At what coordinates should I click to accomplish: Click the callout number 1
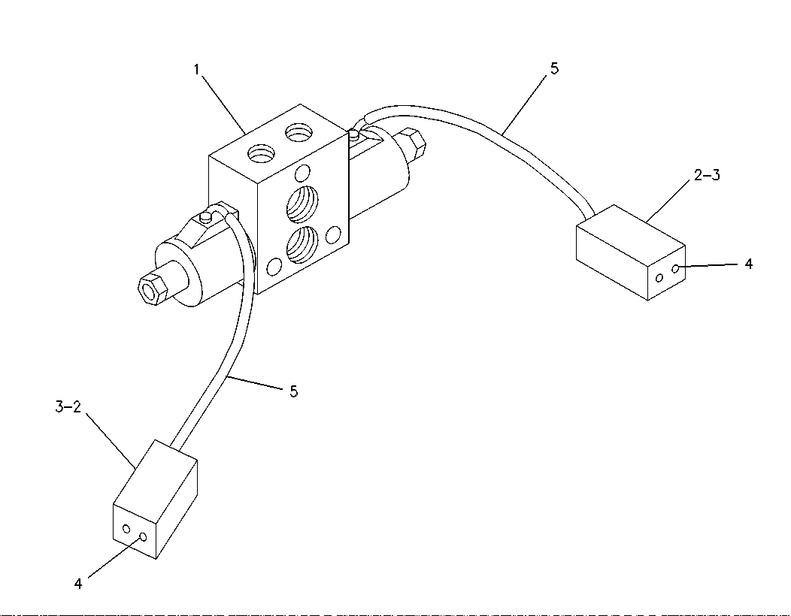(x=197, y=69)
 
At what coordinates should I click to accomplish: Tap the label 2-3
(x=707, y=176)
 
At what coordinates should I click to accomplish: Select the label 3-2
(x=68, y=407)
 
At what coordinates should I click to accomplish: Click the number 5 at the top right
(x=554, y=68)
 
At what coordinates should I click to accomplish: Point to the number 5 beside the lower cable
(x=293, y=391)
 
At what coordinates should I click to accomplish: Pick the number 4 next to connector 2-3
(x=749, y=264)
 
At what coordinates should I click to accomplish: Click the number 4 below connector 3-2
(x=77, y=584)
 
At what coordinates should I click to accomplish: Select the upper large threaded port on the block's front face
(x=302, y=204)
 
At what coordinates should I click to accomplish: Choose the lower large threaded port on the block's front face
(x=302, y=245)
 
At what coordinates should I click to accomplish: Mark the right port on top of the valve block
(x=299, y=133)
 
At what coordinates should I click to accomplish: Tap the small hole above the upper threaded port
(x=303, y=173)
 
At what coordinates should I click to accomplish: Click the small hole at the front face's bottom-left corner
(x=274, y=266)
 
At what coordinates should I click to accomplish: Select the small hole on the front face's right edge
(x=333, y=234)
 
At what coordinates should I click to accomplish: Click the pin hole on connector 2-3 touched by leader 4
(x=675, y=269)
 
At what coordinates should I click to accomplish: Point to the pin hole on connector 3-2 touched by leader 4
(x=143, y=537)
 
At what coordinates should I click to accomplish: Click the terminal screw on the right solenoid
(x=354, y=134)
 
